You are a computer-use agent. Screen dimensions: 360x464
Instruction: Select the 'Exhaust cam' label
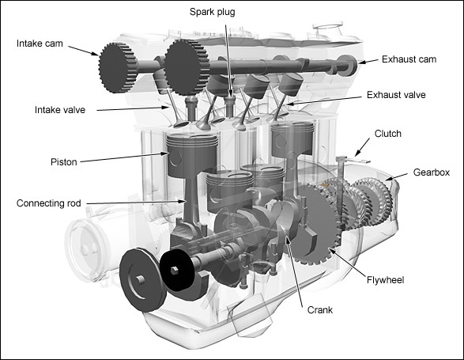409,60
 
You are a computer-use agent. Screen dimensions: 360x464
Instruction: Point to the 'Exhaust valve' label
396,95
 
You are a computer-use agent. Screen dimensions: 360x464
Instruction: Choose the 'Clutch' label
387,134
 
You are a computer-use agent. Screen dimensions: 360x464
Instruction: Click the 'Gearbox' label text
432,172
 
